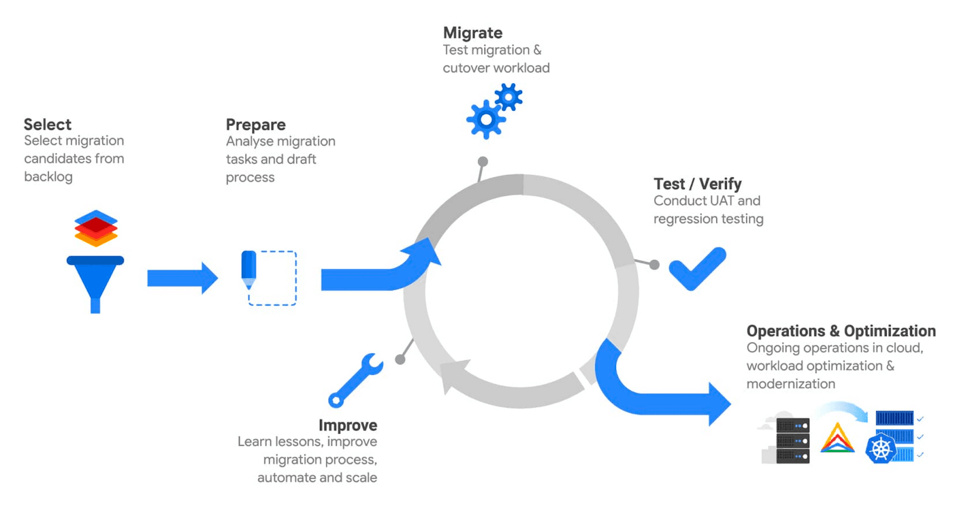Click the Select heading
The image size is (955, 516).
(47, 124)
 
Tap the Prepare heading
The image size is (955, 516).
(255, 124)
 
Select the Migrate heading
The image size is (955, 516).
(472, 33)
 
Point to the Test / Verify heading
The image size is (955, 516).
(697, 184)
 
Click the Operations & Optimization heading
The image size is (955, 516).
(840, 330)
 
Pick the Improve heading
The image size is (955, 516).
(347, 425)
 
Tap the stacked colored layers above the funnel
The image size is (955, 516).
(95, 228)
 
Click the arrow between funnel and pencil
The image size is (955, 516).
(182, 278)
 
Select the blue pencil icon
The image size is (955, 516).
(249, 268)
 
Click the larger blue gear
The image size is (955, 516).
(486, 120)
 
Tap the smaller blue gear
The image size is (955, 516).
(509, 97)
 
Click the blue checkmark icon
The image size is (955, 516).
(697, 268)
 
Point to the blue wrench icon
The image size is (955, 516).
(356, 379)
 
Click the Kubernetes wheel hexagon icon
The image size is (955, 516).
(881, 449)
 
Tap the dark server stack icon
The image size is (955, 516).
(793, 441)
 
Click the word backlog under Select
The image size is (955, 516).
(48, 177)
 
